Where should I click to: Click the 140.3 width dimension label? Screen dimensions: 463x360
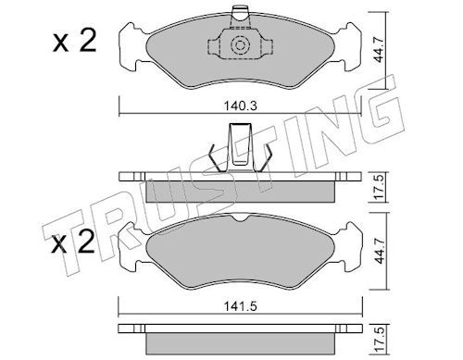(240, 106)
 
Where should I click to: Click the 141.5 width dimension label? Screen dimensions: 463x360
(240, 306)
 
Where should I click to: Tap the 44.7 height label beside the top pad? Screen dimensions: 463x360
(379, 50)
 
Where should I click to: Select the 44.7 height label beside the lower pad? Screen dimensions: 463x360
(380, 251)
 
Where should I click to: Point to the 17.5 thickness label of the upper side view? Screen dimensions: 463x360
(380, 187)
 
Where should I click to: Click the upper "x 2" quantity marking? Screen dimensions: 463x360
(74, 42)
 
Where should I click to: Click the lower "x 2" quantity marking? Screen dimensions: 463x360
(73, 242)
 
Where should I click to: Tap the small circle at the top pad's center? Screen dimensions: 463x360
(240, 45)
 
